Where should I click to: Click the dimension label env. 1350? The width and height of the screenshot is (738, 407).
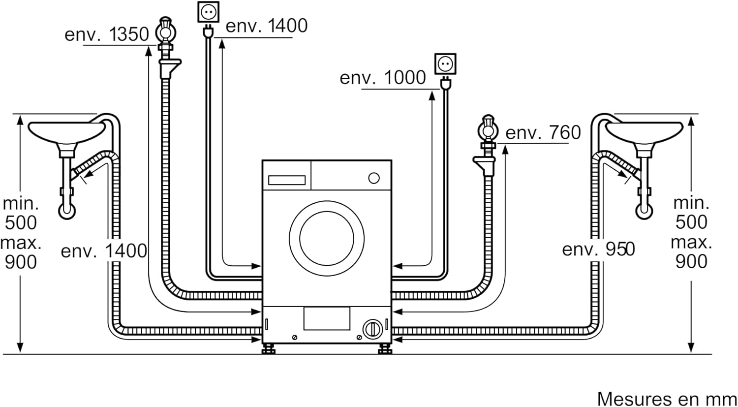(x=107, y=34)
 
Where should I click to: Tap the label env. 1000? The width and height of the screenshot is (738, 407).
(x=383, y=78)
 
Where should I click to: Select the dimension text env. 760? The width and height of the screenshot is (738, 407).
(x=543, y=132)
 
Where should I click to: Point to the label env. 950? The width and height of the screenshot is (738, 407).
(x=598, y=250)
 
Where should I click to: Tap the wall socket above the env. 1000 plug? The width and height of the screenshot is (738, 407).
(x=445, y=64)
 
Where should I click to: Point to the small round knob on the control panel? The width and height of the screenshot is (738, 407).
(x=374, y=178)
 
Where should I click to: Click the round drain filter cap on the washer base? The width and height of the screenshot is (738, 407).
(x=371, y=328)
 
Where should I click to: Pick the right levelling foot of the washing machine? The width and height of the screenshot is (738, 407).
(x=383, y=350)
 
